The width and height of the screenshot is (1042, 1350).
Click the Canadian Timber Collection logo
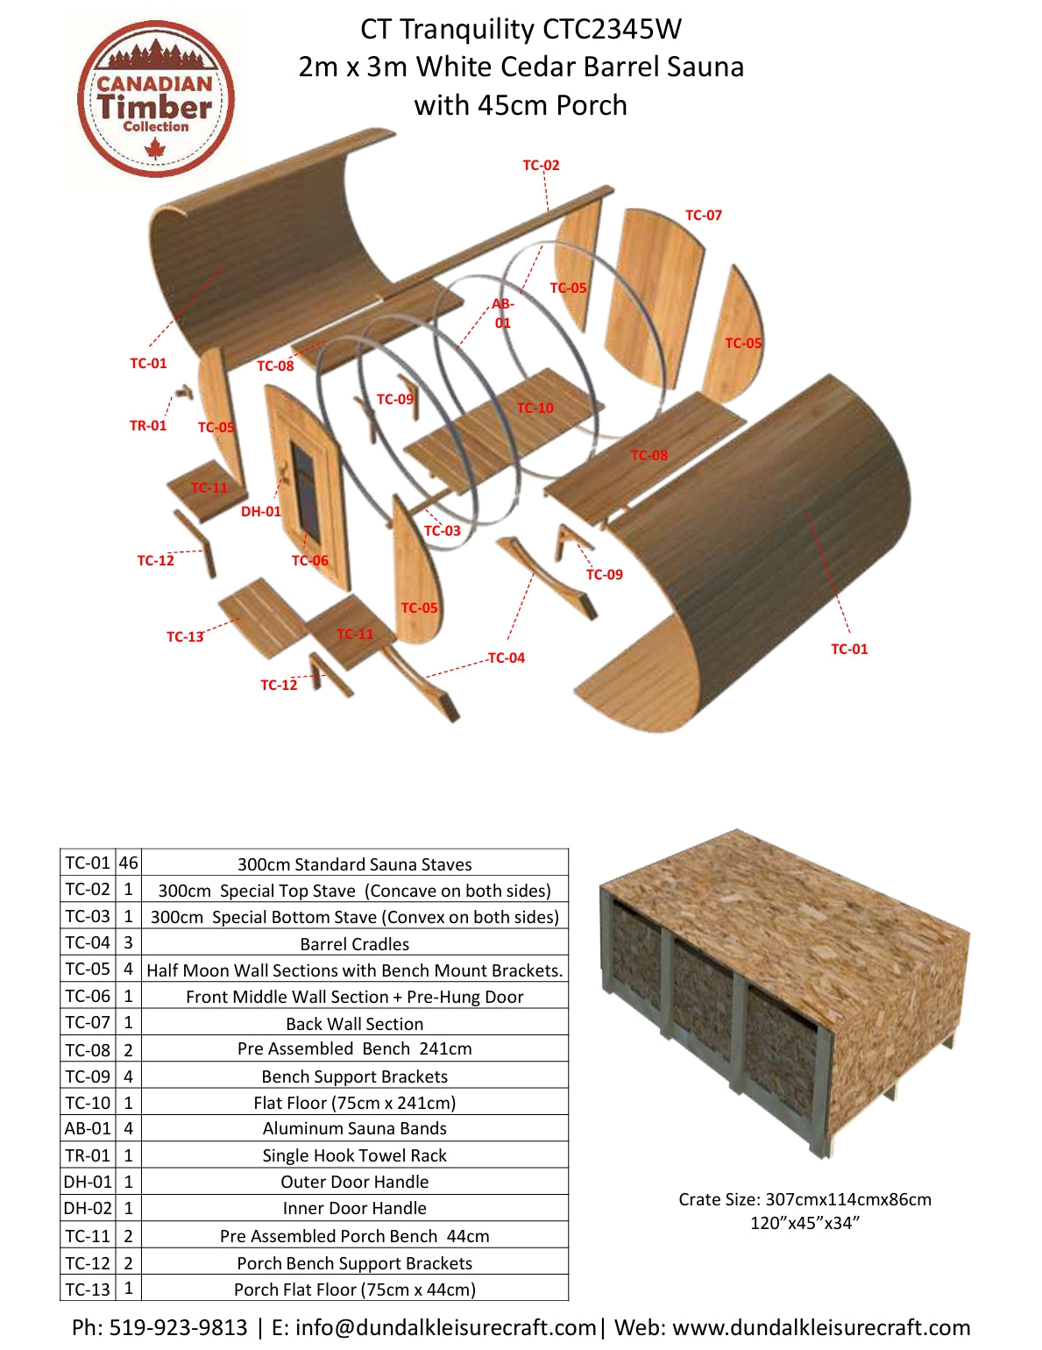155,98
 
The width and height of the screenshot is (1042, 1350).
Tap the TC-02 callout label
541,165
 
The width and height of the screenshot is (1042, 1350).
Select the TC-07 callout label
703,215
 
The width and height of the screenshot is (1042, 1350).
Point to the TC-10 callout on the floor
535,408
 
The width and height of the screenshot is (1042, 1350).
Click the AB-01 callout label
502,313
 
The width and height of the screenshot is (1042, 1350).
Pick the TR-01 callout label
148,425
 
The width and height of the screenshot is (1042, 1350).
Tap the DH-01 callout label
261,511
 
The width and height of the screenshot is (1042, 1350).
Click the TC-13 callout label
185,636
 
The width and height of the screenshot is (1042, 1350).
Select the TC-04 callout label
507,657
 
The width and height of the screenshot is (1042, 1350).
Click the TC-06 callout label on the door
310,560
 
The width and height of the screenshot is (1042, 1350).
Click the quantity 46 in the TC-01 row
128,863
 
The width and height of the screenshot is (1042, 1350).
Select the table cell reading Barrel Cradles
354,944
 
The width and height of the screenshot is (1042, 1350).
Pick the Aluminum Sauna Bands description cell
354,1128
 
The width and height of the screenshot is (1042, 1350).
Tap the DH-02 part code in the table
88,1208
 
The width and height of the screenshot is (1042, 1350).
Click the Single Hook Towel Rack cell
354,1155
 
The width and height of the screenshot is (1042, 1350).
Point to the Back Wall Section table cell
354,1024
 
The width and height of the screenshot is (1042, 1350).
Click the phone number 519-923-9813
178,1327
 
